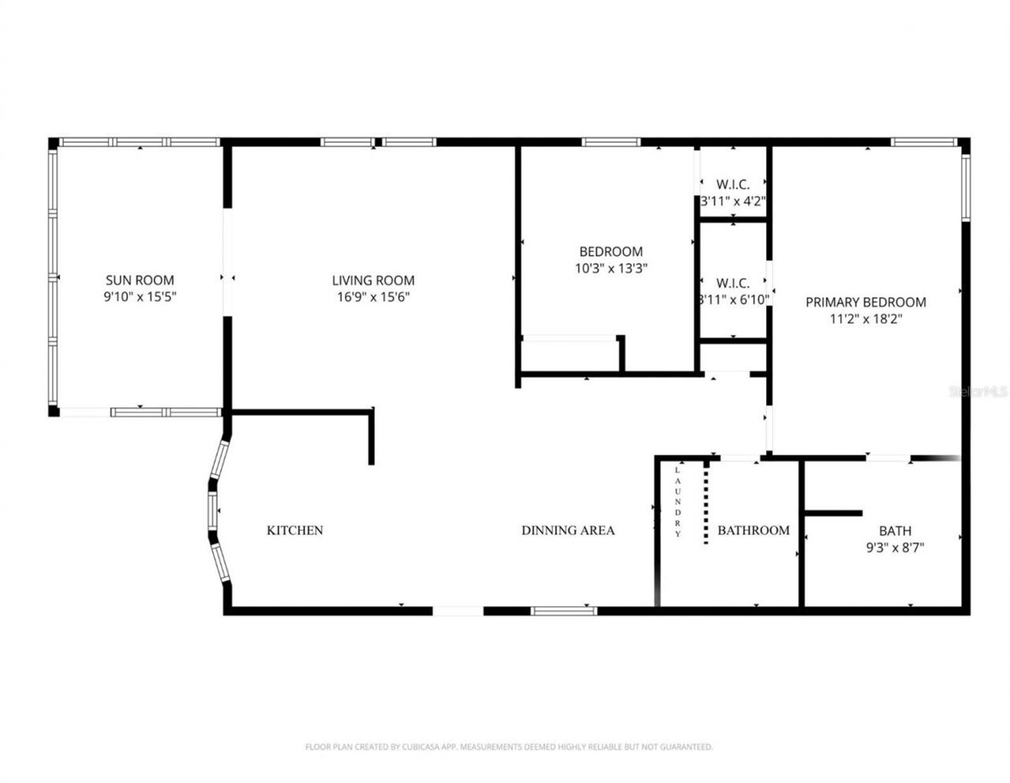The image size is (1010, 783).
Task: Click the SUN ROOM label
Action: [140, 280]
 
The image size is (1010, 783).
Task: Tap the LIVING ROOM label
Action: [372, 280]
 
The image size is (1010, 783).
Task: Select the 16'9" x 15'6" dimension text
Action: [372, 298]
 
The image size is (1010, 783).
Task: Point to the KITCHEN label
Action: [294, 530]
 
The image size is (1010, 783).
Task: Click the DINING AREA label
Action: [567, 530]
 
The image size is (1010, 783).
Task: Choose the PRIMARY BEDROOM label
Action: [865, 302]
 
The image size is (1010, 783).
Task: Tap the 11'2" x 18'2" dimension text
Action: [865, 319]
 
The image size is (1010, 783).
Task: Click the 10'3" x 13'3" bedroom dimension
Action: [611, 268]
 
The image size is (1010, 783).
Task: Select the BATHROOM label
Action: [753, 530]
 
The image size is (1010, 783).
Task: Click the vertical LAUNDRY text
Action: [677, 502]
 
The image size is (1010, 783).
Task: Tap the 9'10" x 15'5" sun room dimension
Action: [140, 298]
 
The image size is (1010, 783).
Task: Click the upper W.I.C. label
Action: [732, 185]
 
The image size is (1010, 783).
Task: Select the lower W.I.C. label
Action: [732, 283]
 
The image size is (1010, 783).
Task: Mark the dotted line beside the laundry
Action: [706, 502]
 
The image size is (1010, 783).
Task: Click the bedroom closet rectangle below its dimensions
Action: [570, 353]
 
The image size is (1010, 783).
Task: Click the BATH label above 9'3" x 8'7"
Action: [895, 531]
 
